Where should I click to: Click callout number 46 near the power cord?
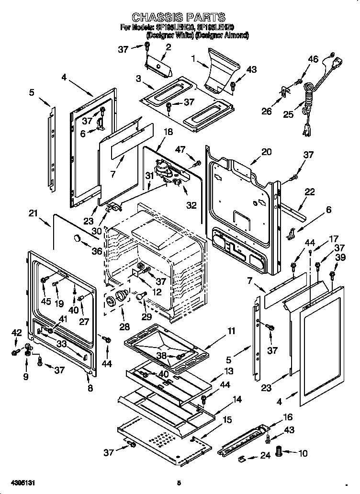313,59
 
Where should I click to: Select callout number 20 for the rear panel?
266,152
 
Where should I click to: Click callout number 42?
16,333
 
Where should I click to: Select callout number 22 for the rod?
310,192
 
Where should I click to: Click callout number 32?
191,206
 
